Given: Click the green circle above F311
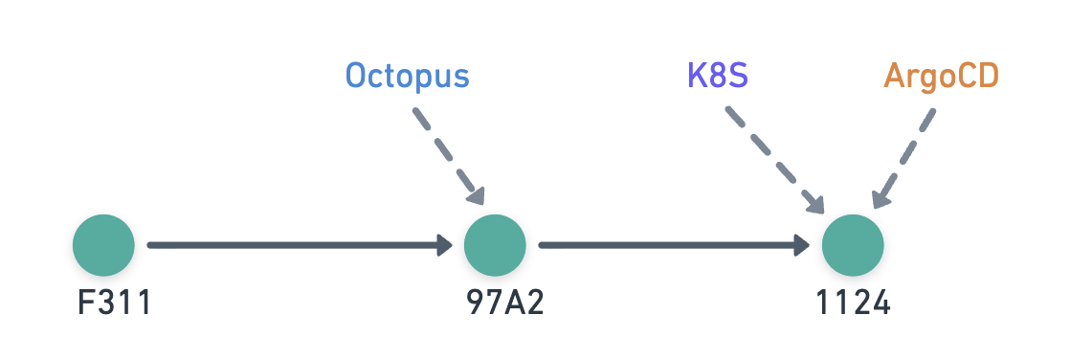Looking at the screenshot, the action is (103, 245).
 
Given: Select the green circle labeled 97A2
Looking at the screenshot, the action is (495, 245).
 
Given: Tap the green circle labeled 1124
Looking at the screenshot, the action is (853, 245).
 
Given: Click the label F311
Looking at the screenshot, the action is (115, 304).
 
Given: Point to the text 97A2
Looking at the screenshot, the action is (504, 304).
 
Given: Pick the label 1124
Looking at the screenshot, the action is (853, 304).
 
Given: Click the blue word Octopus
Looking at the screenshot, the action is (407, 76).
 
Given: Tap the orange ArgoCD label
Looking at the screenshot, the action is (941, 76).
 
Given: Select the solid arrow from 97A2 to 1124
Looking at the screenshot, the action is (670, 245).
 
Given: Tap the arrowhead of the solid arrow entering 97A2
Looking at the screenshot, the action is (444, 245).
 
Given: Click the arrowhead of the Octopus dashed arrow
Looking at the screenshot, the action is (476, 194).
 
